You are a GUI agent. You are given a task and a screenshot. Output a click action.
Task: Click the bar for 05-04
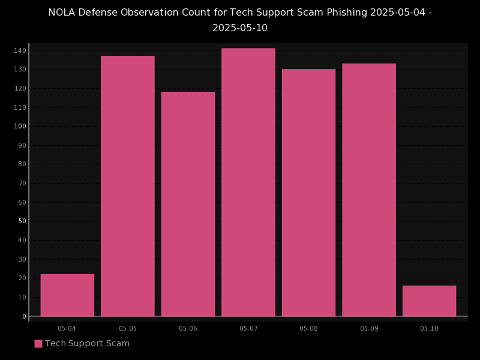(67, 295)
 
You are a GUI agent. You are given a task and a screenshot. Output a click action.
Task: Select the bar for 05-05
(128, 186)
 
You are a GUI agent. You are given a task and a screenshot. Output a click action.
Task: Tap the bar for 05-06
(188, 204)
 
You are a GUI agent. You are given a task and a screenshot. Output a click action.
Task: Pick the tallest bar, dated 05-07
(248, 182)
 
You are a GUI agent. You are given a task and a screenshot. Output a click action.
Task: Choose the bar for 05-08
(308, 193)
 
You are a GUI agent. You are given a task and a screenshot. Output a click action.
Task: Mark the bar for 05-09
(369, 190)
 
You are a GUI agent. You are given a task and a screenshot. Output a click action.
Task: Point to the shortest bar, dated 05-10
(429, 301)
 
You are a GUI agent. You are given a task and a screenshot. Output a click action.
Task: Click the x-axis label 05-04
(67, 328)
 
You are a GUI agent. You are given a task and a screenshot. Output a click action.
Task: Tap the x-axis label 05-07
(248, 328)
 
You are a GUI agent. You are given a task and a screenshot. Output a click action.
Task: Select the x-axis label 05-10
(429, 328)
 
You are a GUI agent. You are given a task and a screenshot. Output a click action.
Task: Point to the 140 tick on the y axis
(20, 50)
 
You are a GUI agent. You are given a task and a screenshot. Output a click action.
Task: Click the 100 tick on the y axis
(20, 126)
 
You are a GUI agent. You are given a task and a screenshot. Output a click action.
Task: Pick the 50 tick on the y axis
(22, 221)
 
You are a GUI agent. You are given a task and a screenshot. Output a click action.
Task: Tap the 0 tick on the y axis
(24, 316)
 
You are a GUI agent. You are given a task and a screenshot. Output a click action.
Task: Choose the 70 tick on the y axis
(22, 184)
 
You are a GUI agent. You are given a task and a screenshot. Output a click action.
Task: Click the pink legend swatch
(38, 344)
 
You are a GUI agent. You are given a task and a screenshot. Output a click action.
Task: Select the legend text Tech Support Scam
(87, 344)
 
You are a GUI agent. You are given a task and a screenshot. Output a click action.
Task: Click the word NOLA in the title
(63, 13)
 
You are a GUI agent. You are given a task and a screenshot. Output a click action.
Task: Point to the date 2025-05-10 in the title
(240, 28)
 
